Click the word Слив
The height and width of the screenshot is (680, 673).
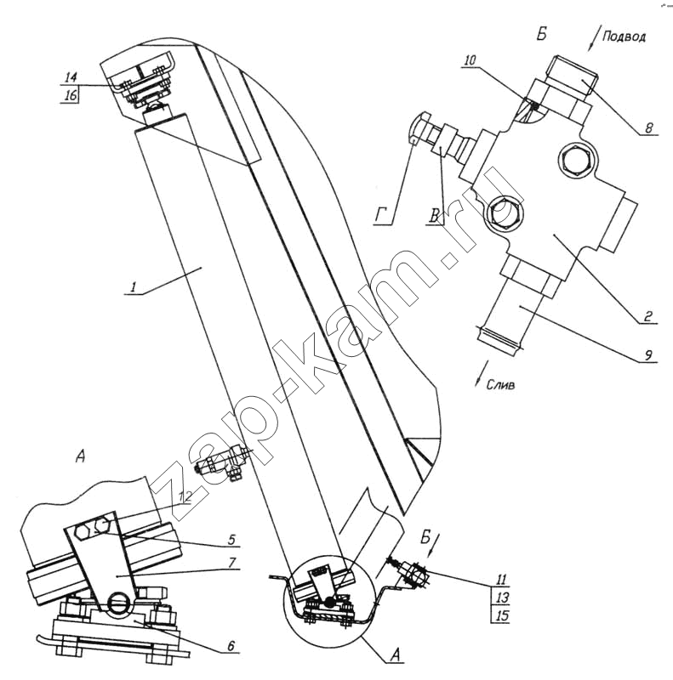[500, 385]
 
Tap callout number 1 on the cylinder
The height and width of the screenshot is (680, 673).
[134, 286]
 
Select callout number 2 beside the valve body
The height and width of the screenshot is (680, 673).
[647, 315]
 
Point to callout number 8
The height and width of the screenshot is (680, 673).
[649, 128]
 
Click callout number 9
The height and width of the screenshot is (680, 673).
[647, 355]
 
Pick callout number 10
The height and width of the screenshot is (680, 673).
[470, 59]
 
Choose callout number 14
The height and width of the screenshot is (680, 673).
[71, 77]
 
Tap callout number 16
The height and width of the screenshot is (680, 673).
[71, 95]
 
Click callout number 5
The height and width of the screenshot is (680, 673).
[231, 539]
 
